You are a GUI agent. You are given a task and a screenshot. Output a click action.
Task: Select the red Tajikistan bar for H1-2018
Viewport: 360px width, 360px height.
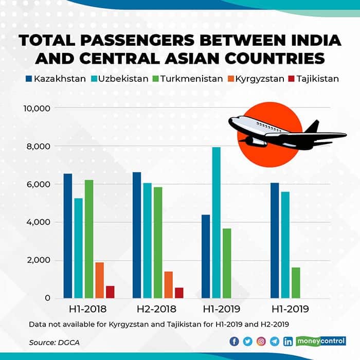point(110,292)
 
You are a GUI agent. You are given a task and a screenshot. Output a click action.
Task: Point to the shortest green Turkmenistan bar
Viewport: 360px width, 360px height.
point(296,282)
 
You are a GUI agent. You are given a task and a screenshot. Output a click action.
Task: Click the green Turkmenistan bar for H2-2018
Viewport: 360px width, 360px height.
point(157,242)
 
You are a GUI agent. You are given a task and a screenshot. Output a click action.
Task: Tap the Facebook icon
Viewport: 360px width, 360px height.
point(235,341)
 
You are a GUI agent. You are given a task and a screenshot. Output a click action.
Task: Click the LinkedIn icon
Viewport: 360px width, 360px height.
point(288,341)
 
